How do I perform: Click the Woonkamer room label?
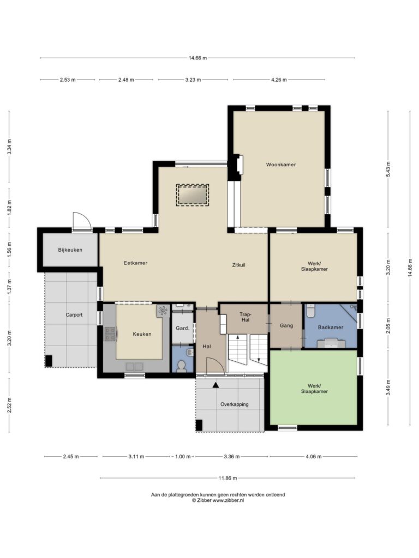click(x=281, y=165)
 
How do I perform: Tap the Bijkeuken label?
click(x=70, y=250)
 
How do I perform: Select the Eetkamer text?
click(x=135, y=263)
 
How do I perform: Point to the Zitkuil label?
click(x=239, y=265)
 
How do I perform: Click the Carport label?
click(x=74, y=315)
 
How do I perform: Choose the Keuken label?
click(x=142, y=334)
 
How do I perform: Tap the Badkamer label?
click(x=331, y=327)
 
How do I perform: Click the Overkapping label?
click(x=235, y=404)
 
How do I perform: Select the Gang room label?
click(x=286, y=325)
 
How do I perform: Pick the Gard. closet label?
click(x=182, y=328)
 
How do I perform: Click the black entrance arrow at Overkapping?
click(x=216, y=385)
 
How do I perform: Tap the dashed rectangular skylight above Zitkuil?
click(x=193, y=195)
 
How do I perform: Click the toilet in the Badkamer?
click(x=310, y=311)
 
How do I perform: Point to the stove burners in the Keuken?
click(x=110, y=334)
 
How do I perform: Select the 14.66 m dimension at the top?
click(x=197, y=58)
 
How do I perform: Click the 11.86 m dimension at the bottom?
click(x=228, y=478)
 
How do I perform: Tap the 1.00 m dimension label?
click(x=183, y=457)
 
